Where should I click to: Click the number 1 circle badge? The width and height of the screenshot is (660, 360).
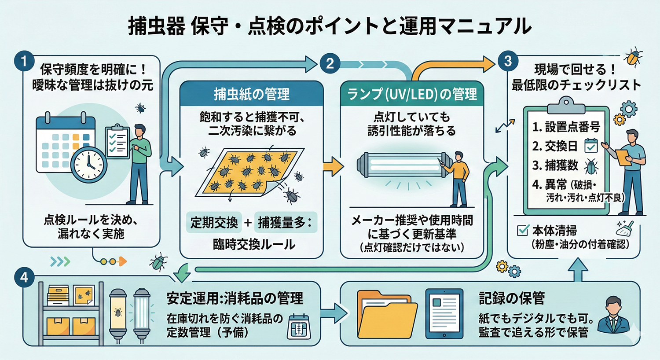pyautogui.click(x=24, y=61)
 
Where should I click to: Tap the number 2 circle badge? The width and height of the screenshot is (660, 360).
pyautogui.click(x=330, y=63)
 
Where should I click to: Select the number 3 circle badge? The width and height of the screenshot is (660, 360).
pyautogui.click(x=508, y=61)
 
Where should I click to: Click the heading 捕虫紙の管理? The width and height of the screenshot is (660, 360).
pyautogui.click(x=252, y=94)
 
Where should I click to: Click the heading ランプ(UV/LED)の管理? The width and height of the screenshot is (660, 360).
pyautogui.click(x=412, y=94)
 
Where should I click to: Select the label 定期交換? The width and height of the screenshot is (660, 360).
pyautogui.click(x=214, y=223)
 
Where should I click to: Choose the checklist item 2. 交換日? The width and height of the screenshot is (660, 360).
pyautogui.click(x=555, y=146)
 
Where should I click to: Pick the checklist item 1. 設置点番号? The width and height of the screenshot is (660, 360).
pyautogui.click(x=566, y=127)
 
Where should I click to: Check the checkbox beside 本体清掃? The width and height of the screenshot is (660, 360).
pyautogui.click(x=523, y=230)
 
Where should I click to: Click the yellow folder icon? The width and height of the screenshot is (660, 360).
pyautogui.click(x=386, y=313)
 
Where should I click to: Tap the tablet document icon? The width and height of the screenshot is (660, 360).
pyautogui.click(x=444, y=313)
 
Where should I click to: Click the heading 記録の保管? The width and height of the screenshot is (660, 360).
pyautogui.click(x=512, y=298)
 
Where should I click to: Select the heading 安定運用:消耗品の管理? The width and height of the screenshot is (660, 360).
pyautogui.click(x=235, y=298)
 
